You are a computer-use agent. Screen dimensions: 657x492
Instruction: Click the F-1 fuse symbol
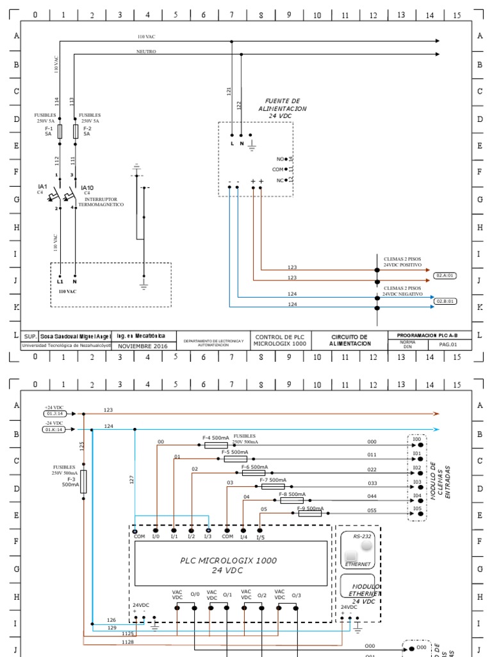[60, 132]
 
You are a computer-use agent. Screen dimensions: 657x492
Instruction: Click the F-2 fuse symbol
[76, 132]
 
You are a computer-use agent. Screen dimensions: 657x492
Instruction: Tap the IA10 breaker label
[87, 188]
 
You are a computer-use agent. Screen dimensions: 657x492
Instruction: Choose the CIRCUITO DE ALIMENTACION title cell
[349, 340]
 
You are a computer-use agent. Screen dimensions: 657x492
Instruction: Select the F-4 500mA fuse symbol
[216, 445]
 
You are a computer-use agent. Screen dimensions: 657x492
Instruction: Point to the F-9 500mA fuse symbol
[310, 513]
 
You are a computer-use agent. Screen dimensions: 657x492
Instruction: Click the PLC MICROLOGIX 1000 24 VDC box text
[228, 565]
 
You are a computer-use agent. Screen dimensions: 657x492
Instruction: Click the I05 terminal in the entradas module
[418, 511]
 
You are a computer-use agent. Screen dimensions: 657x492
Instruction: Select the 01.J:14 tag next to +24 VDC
[54, 414]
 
